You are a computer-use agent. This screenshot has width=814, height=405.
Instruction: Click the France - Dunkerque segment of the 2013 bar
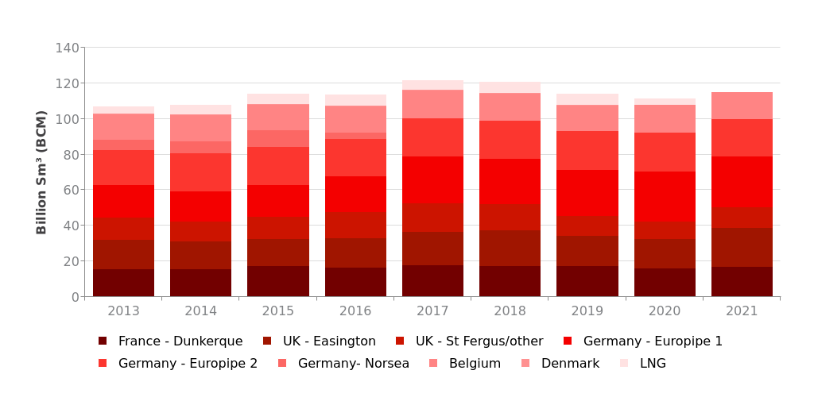[123, 283]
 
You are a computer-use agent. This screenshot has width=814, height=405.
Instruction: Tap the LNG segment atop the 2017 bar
[432, 85]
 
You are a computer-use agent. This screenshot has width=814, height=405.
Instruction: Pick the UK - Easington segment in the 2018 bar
[510, 248]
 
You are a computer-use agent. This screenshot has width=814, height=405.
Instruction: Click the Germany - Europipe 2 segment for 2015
[278, 166]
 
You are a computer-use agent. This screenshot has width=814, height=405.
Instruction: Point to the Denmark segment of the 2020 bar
[665, 118]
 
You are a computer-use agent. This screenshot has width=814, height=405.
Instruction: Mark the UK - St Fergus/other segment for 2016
[355, 225]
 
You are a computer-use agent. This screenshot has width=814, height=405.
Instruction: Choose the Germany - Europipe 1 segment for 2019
[587, 193]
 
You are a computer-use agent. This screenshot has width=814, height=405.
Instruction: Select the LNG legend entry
[653, 364]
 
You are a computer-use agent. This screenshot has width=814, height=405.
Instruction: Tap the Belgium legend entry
[475, 364]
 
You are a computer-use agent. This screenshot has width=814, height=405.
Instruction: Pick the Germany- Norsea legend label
[353, 364]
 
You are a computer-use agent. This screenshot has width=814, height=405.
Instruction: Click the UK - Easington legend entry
[329, 341]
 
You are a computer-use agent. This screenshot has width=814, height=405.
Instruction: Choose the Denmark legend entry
[570, 364]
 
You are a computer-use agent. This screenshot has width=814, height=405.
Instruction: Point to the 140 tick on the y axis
[67, 48]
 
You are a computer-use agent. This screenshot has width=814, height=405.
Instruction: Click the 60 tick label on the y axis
[71, 190]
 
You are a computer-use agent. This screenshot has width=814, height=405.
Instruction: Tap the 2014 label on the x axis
[201, 311]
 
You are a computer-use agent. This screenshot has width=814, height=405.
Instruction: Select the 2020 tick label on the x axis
[665, 311]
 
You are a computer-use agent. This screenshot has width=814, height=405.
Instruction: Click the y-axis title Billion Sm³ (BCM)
[42, 172]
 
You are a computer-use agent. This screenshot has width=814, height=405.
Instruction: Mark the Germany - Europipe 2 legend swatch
[103, 364]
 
